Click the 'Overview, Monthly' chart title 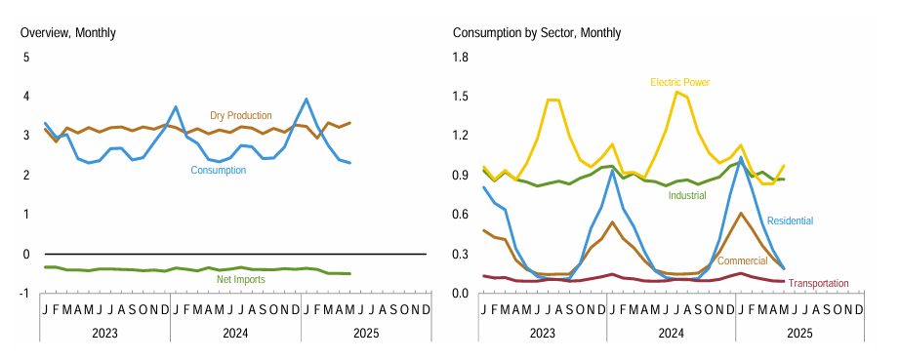point(67,33)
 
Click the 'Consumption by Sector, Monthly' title point(537,33)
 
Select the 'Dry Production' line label point(241,116)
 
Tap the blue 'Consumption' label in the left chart point(218,170)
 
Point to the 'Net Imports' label point(240,280)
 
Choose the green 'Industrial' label point(687,195)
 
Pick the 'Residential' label point(790,221)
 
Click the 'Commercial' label point(743,261)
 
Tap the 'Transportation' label point(818,284)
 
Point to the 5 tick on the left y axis point(26,58)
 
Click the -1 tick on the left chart point(24,293)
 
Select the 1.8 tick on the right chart point(459,58)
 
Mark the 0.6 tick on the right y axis point(459,215)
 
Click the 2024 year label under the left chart point(235,333)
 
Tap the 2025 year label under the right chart point(799,333)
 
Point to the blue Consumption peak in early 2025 point(307,99)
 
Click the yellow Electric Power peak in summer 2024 point(676,92)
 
